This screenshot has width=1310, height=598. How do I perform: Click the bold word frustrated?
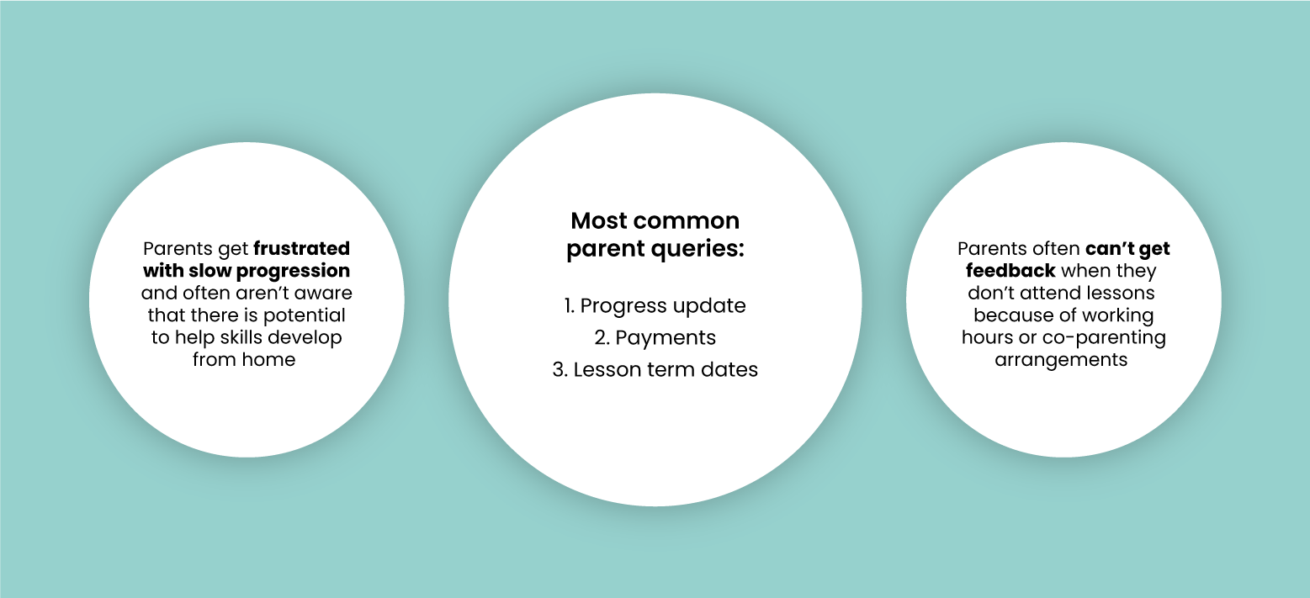coord(302,248)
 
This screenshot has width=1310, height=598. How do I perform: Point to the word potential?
coord(304,315)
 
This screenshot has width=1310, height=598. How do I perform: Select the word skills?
coord(236,337)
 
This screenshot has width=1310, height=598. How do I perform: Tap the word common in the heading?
coord(686,221)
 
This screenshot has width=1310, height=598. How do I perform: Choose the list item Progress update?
coord(655,305)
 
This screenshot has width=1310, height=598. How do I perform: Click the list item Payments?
coord(655,338)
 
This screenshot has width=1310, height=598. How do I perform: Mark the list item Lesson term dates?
coord(655,369)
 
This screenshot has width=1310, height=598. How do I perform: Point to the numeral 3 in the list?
coord(560,369)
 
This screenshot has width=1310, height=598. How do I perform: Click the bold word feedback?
coord(1010,271)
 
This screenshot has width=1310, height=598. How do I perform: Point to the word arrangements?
coord(1061,360)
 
